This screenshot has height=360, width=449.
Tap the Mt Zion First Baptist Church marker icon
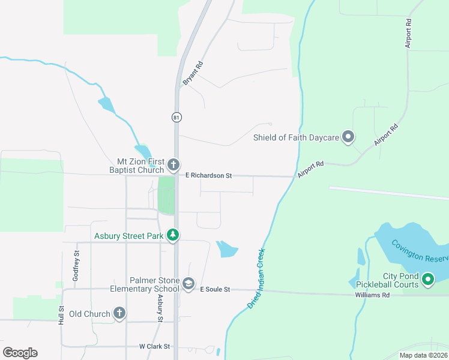tap(173, 164)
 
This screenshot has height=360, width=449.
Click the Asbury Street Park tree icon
tap(173, 235)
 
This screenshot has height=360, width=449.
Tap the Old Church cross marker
tap(119, 313)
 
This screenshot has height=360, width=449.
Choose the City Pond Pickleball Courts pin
tap(427, 279)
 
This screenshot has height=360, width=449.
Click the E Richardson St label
tap(208, 176)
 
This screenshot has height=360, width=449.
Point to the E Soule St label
tap(215, 289)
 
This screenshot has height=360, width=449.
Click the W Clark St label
tap(155, 346)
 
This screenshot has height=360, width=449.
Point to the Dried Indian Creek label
tap(256, 280)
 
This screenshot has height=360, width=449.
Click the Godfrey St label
tap(76, 262)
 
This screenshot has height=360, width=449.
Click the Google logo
tap(20, 352)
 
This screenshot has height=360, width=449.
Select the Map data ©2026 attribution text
tap(423, 355)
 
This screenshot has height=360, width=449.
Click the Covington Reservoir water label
tap(420, 250)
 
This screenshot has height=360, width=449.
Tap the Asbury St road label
tap(160, 307)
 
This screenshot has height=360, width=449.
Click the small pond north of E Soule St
tap(226, 248)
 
